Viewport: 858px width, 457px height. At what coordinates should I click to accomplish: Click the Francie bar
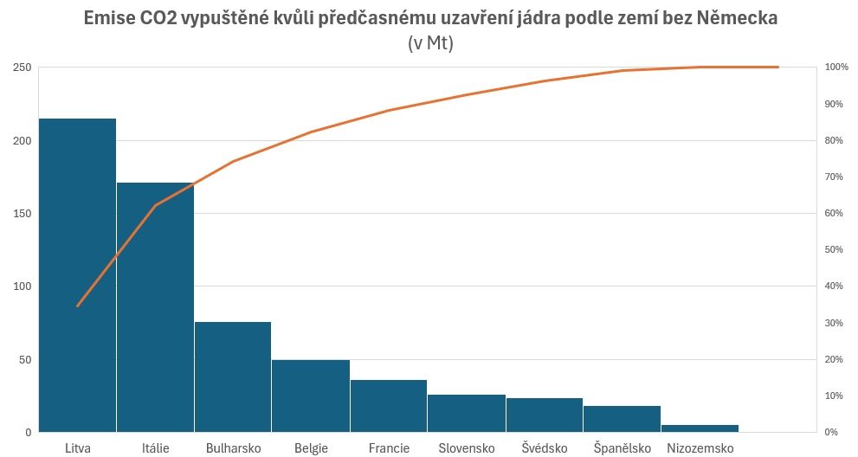tap(389, 406)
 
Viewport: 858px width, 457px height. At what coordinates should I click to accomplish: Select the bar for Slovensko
tap(467, 413)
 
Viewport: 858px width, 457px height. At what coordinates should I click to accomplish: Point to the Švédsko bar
tap(545, 415)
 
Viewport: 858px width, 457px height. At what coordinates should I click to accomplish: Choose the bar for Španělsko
tap(622, 419)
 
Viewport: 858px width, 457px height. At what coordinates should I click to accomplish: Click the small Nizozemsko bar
tap(700, 428)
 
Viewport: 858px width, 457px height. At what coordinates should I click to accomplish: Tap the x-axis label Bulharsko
tap(233, 448)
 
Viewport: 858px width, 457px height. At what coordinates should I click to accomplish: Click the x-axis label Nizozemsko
tap(700, 448)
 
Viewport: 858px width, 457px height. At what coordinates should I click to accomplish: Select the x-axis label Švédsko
tap(545, 448)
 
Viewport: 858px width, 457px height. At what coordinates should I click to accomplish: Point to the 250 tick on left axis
tap(22, 68)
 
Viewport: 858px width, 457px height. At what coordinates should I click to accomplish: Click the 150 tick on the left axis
tap(22, 214)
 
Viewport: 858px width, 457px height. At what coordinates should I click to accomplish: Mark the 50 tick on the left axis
tap(24, 359)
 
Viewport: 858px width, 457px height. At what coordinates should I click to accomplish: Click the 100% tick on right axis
tap(836, 68)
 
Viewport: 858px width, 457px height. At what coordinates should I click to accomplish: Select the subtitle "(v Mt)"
tap(429, 43)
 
